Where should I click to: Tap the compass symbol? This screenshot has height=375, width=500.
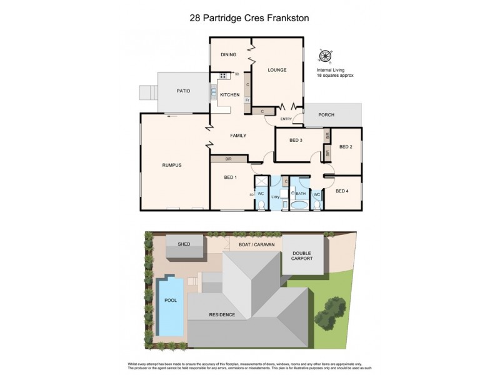pos(326,55)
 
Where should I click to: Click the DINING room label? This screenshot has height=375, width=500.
pos(228,55)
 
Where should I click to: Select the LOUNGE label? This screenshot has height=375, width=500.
pos(277,70)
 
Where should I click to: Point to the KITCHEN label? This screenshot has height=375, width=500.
pos(229,95)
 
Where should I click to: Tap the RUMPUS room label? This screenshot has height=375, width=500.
pos(171,165)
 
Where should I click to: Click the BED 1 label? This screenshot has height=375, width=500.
pos(230,177)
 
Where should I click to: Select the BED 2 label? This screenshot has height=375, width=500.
pos(346,147)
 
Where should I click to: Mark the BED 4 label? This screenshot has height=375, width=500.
pos(343,191)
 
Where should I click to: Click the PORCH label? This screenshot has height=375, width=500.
pos(326,115)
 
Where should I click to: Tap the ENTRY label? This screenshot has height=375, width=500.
pos(286,119)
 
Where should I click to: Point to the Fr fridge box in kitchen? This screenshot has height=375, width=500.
pos(247,100)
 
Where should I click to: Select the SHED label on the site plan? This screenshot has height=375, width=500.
pos(184,244)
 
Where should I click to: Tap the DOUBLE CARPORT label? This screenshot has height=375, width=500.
pos(302,256)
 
